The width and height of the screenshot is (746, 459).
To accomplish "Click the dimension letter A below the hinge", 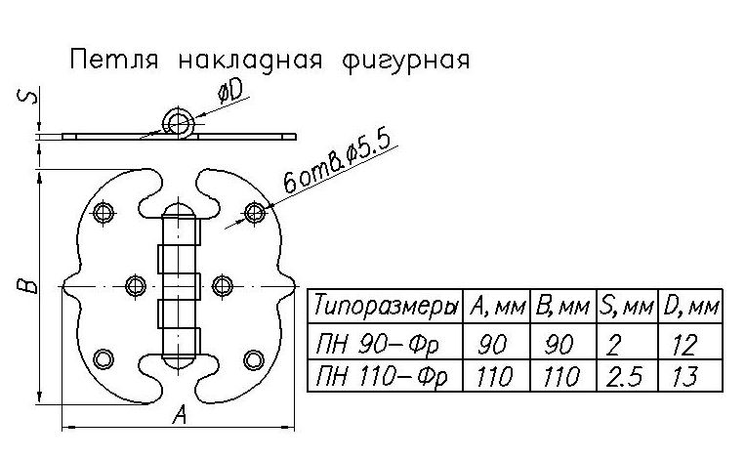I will tap(179, 416).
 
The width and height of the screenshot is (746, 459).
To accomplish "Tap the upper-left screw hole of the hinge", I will tap(104, 211).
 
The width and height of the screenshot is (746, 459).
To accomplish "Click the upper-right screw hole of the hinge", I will tap(255, 211).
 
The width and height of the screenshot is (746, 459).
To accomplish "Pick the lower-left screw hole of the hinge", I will tap(104, 359).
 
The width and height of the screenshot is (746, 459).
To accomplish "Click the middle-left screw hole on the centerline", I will tap(135, 285).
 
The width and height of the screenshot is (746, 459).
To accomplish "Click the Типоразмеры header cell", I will tap(385, 308).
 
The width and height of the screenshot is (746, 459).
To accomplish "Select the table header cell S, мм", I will tap(624, 308).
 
